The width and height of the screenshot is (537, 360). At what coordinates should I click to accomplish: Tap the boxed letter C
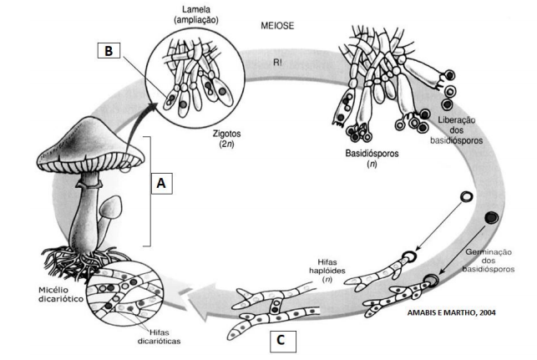pyautogui.click(x=283, y=340)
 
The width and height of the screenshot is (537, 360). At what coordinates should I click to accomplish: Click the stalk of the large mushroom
pyautogui.click(x=84, y=217)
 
